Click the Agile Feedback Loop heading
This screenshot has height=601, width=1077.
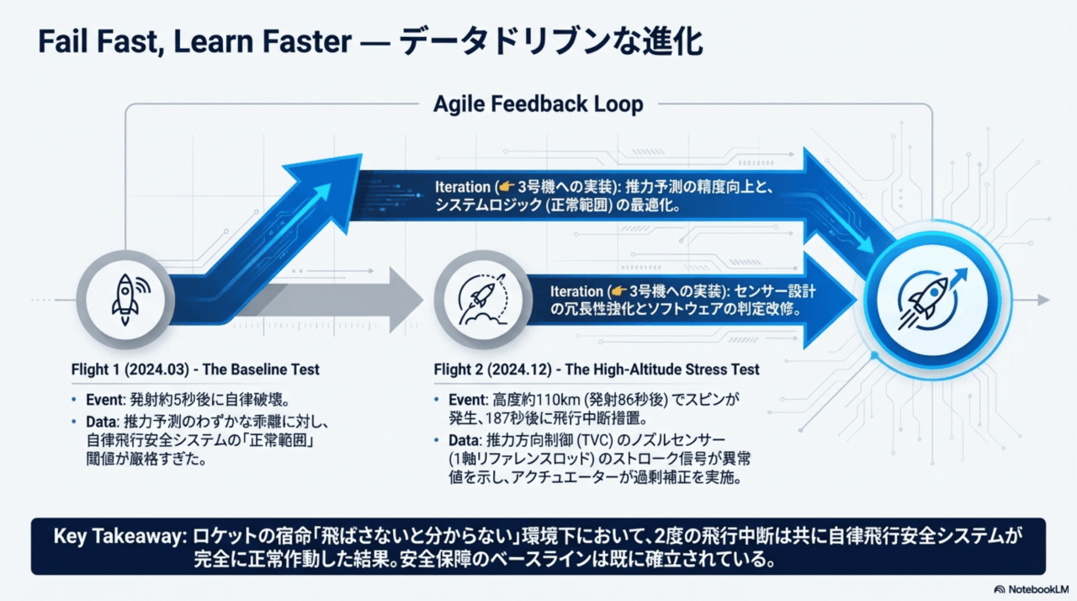pyautogui.click(x=538, y=104)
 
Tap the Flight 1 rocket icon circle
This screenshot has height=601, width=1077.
pyautogui.click(x=125, y=299)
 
